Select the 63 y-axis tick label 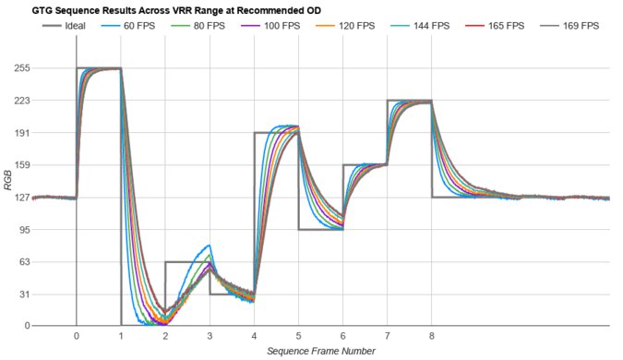point(21,262)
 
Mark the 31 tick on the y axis point(21,294)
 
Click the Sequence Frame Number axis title point(320,351)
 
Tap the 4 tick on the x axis point(254,336)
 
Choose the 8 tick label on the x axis point(432,336)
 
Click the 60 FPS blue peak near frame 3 point(210,246)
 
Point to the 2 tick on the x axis point(165,336)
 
